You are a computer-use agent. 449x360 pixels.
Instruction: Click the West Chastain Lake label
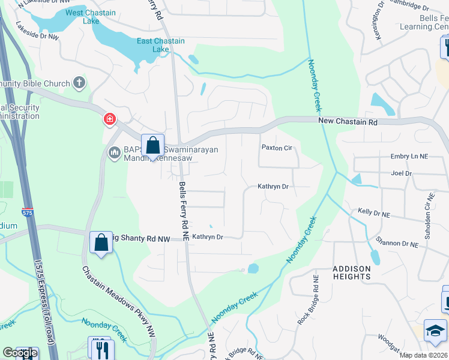click(x=83, y=17)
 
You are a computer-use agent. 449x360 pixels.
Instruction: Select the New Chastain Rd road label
click(x=348, y=121)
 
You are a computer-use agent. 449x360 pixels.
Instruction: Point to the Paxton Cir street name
click(x=276, y=147)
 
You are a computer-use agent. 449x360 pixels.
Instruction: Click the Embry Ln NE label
click(x=409, y=156)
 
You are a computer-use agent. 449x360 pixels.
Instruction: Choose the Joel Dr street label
click(x=401, y=173)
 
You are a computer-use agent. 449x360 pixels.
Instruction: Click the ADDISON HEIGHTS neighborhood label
click(x=352, y=272)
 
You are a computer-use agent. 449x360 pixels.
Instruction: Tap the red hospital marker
click(x=109, y=119)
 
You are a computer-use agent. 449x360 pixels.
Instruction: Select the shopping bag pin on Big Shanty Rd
click(x=101, y=243)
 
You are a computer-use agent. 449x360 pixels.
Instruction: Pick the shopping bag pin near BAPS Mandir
click(x=153, y=145)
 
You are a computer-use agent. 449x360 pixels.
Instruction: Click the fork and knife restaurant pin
click(x=100, y=348)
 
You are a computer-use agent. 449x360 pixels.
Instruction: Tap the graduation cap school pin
click(x=436, y=331)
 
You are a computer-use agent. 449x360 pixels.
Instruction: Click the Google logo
click(x=20, y=353)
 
